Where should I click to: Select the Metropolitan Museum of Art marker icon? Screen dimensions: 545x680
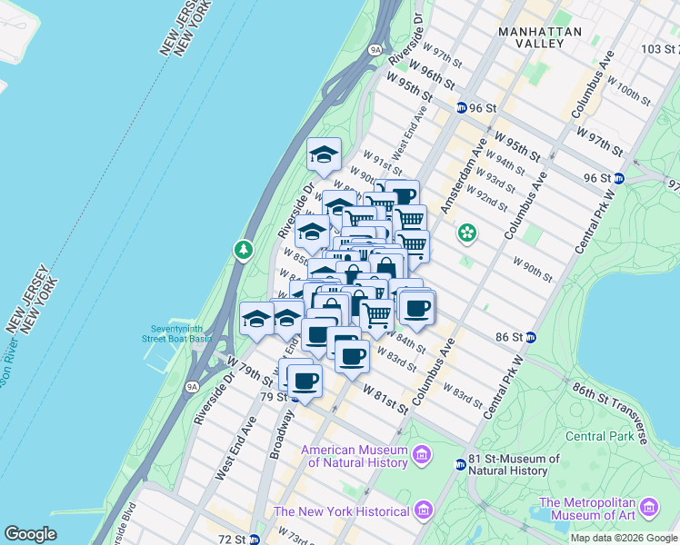click(650, 507)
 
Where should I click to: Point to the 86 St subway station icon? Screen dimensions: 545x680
click(531, 337)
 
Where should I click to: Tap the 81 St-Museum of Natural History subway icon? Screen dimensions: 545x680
click(460, 464)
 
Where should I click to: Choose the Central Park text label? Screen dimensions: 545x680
click(598, 436)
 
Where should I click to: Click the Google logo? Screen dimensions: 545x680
click(31, 534)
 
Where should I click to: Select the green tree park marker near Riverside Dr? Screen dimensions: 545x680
click(243, 249)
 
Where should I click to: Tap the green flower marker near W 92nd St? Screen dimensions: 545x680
click(467, 233)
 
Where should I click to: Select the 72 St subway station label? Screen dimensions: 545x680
click(241, 539)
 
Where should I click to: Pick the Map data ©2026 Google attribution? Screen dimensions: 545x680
click(623, 538)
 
